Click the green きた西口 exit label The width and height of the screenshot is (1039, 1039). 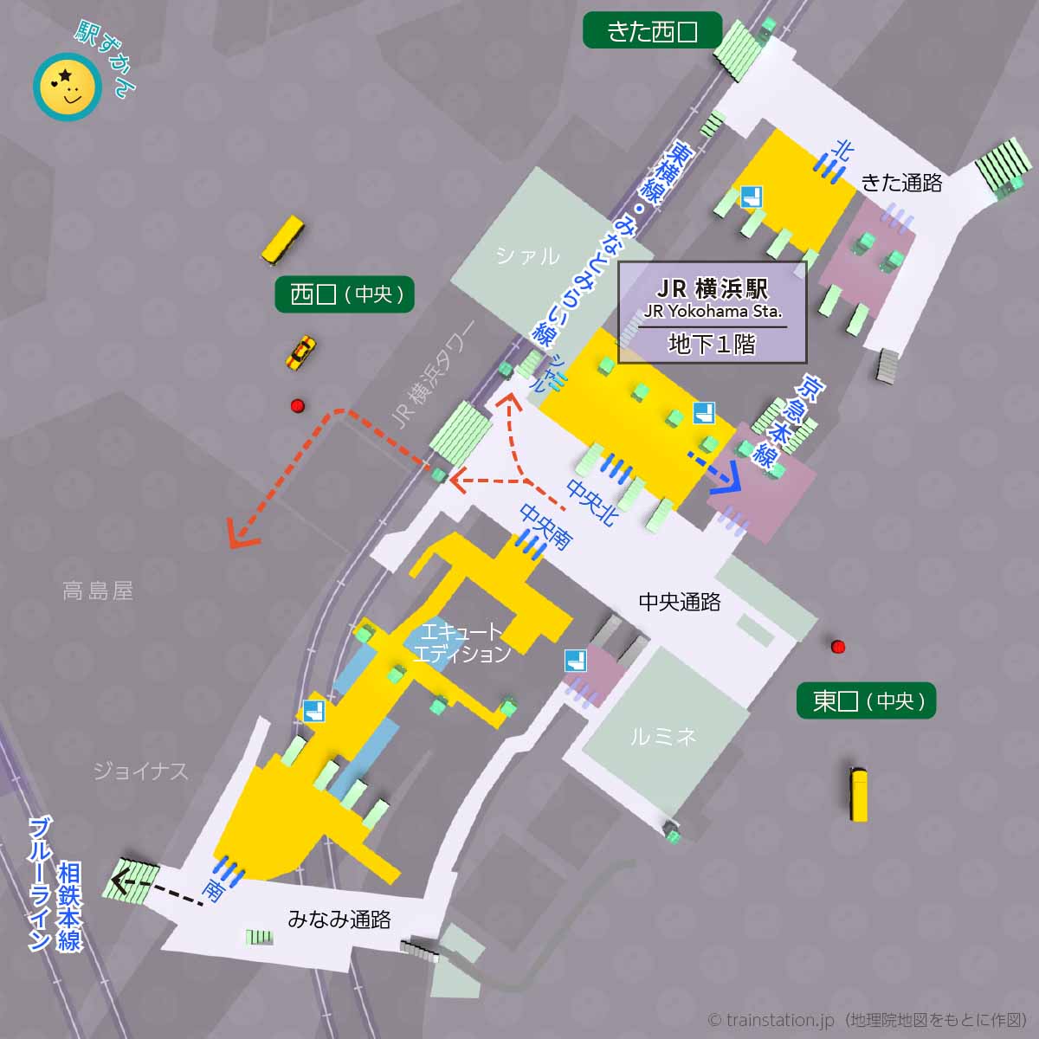tap(652, 32)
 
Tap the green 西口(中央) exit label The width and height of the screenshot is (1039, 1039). tap(345, 294)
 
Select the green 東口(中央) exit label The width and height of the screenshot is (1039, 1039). tap(866, 700)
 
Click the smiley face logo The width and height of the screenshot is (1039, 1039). tap(67, 87)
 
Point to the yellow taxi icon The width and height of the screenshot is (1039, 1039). tap(300, 352)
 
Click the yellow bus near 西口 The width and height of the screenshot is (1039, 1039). tap(283, 241)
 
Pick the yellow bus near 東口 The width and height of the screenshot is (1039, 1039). tap(858, 794)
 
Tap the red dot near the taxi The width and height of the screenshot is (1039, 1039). tap(298, 406)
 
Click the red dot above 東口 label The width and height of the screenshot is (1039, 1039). tap(837, 646)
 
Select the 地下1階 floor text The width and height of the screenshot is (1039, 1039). tap(712, 345)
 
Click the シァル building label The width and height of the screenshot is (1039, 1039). tap(527, 255)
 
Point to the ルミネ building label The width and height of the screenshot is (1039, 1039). tap(663, 737)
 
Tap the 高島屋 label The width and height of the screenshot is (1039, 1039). tap(98, 591)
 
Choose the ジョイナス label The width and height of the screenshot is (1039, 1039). tap(140, 771)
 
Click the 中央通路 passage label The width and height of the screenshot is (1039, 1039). tap(680, 602)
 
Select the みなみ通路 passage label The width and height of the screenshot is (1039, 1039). tap(339, 920)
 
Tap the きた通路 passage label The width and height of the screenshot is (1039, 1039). tap(900, 183)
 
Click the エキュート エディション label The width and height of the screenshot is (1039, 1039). tap(461, 642)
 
